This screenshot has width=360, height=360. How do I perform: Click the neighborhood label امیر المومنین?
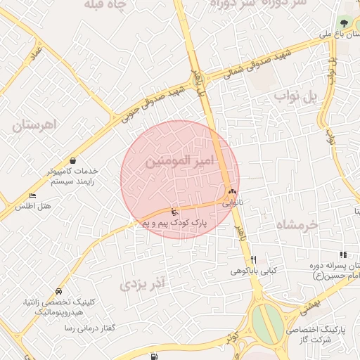[x=178, y=161]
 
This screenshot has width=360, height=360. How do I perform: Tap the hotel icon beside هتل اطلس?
[x=32, y=195]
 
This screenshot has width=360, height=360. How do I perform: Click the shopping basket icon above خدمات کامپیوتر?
[x=73, y=161]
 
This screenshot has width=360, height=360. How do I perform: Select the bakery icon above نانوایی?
[x=232, y=191]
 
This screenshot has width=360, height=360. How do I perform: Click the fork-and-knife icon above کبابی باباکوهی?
[x=254, y=259]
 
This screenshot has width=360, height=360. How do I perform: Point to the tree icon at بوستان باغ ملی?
[x=345, y=23]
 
